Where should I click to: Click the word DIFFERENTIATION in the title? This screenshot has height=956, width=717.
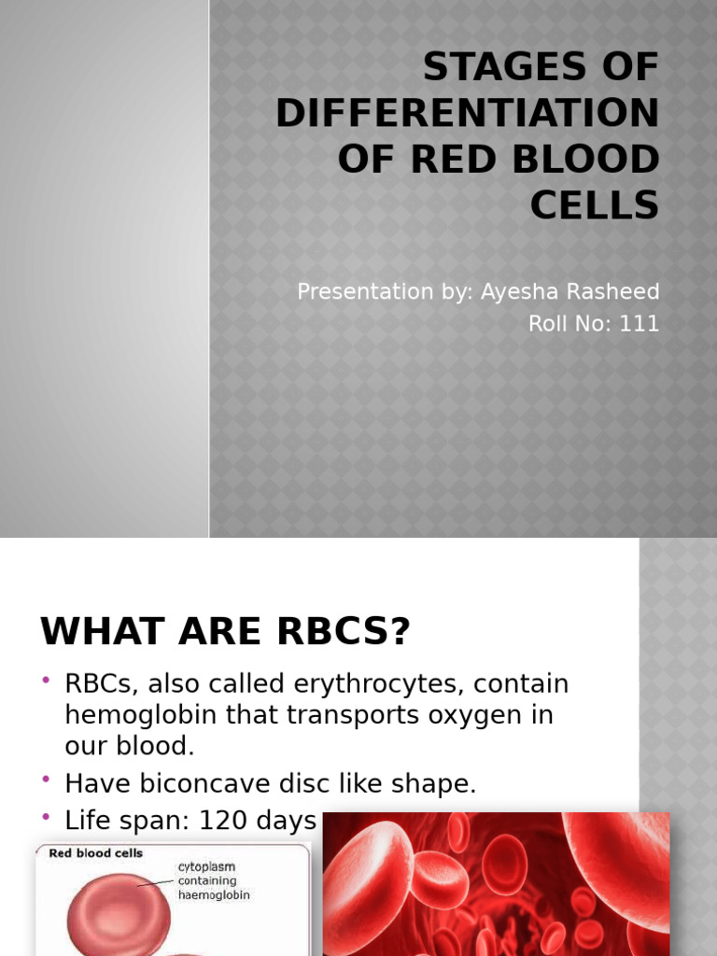pyautogui.click(x=467, y=114)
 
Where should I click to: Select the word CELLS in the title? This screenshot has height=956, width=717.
pyautogui.click(x=595, y=205)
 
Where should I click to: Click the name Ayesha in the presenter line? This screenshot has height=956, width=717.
pyautogui.click(x=517, y=292)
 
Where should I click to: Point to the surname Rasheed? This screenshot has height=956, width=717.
pyautogui.click(x=612, y=292)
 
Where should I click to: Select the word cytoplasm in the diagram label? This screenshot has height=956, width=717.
pyautogui.click(x=206, y=867)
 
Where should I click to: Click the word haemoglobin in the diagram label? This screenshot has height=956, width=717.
pyautogui.click(x=214, y=894)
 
